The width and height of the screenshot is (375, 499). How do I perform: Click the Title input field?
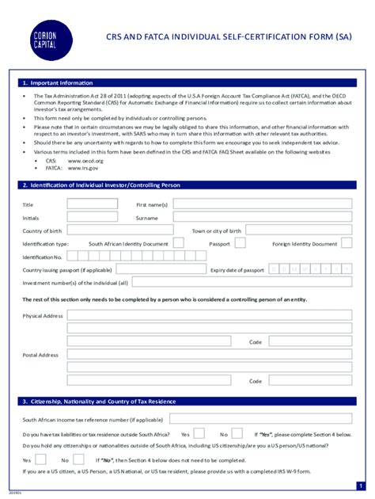[x=92, y=204]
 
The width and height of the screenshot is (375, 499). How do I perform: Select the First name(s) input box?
[x=263, y=204]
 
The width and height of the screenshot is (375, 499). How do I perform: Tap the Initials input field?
[x=92, y=218]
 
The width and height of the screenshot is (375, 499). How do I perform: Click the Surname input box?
[x=263, y=218]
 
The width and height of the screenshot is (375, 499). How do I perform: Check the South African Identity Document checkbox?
[x=178, y=243]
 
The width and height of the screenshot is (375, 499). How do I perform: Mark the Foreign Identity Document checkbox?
[x=347, y=243]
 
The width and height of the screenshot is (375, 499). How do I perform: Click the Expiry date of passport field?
[x=310, y=269]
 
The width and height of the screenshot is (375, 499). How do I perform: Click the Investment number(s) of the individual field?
[x=242, y=282]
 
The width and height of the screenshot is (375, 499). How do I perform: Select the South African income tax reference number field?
[x=260, y=419]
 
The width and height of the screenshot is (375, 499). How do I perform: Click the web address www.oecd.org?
[x=83, y=161]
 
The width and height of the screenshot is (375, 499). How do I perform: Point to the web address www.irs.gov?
[x=83, y=168]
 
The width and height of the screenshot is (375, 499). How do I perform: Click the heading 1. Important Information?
[x=57, y=82]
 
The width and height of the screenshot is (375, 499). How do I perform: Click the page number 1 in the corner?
[x=360, y=486]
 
